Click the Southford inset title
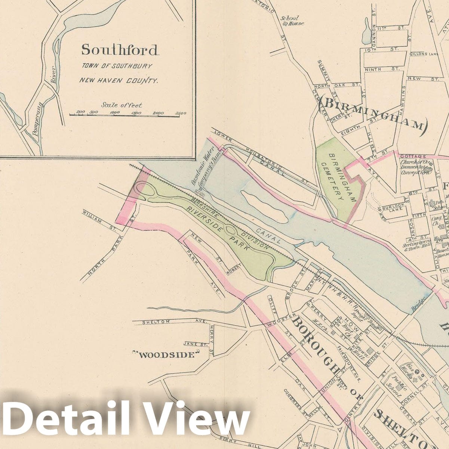pos(120,50)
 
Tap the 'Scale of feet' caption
pos(122,105)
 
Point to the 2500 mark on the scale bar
pos(180,113)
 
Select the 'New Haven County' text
pos(118,80)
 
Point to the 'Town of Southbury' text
pos(117,66)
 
